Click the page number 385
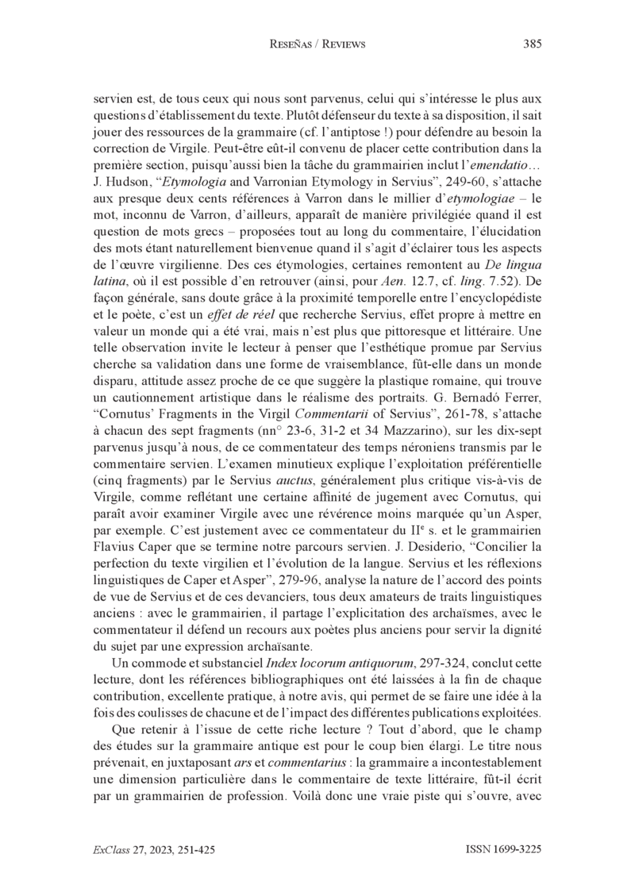[x=532, y=44]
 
